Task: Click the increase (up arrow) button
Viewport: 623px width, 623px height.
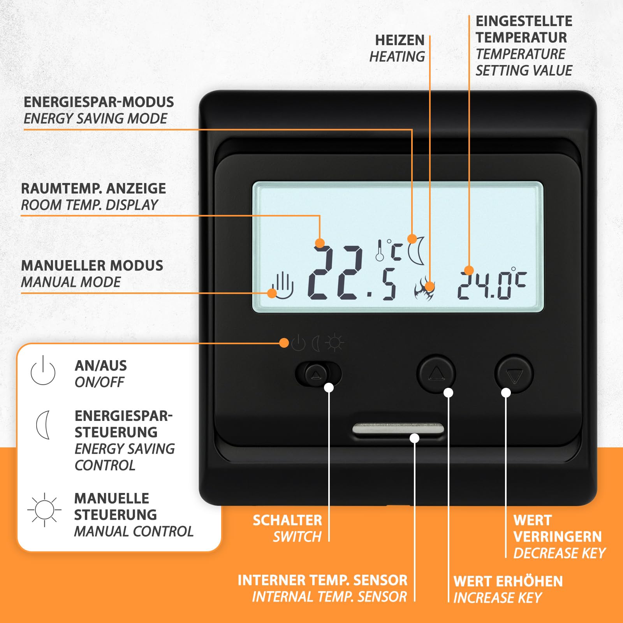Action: click(x=436, y=373)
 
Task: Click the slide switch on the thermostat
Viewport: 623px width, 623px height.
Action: click(x=318, y=374)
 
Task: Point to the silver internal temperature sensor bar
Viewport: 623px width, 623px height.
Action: click(x=398, y=429)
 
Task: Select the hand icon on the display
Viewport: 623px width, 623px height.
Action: click(x=282, y=286)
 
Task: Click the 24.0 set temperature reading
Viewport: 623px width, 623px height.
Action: click(x=492, y=283)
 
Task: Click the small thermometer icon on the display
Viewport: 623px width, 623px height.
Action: click(x=380, y=250)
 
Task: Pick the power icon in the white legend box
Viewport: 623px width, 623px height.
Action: click(x=43, y=370)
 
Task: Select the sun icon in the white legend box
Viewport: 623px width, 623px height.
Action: click(x=44, y=509)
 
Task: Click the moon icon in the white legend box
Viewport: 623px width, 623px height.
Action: click(x=43, y=425)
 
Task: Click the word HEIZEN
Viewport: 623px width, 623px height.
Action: click(x=399, y=40)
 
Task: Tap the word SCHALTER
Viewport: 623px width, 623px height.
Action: click(x=287, y=520)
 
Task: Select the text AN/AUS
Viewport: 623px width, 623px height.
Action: click(x=101, y=366)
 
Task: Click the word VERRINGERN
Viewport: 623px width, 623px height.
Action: click(x=558, y=537)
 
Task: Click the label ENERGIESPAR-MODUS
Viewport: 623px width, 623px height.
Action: click(x=99, y=102)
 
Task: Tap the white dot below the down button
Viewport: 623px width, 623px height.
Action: click(x=506, y=393)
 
